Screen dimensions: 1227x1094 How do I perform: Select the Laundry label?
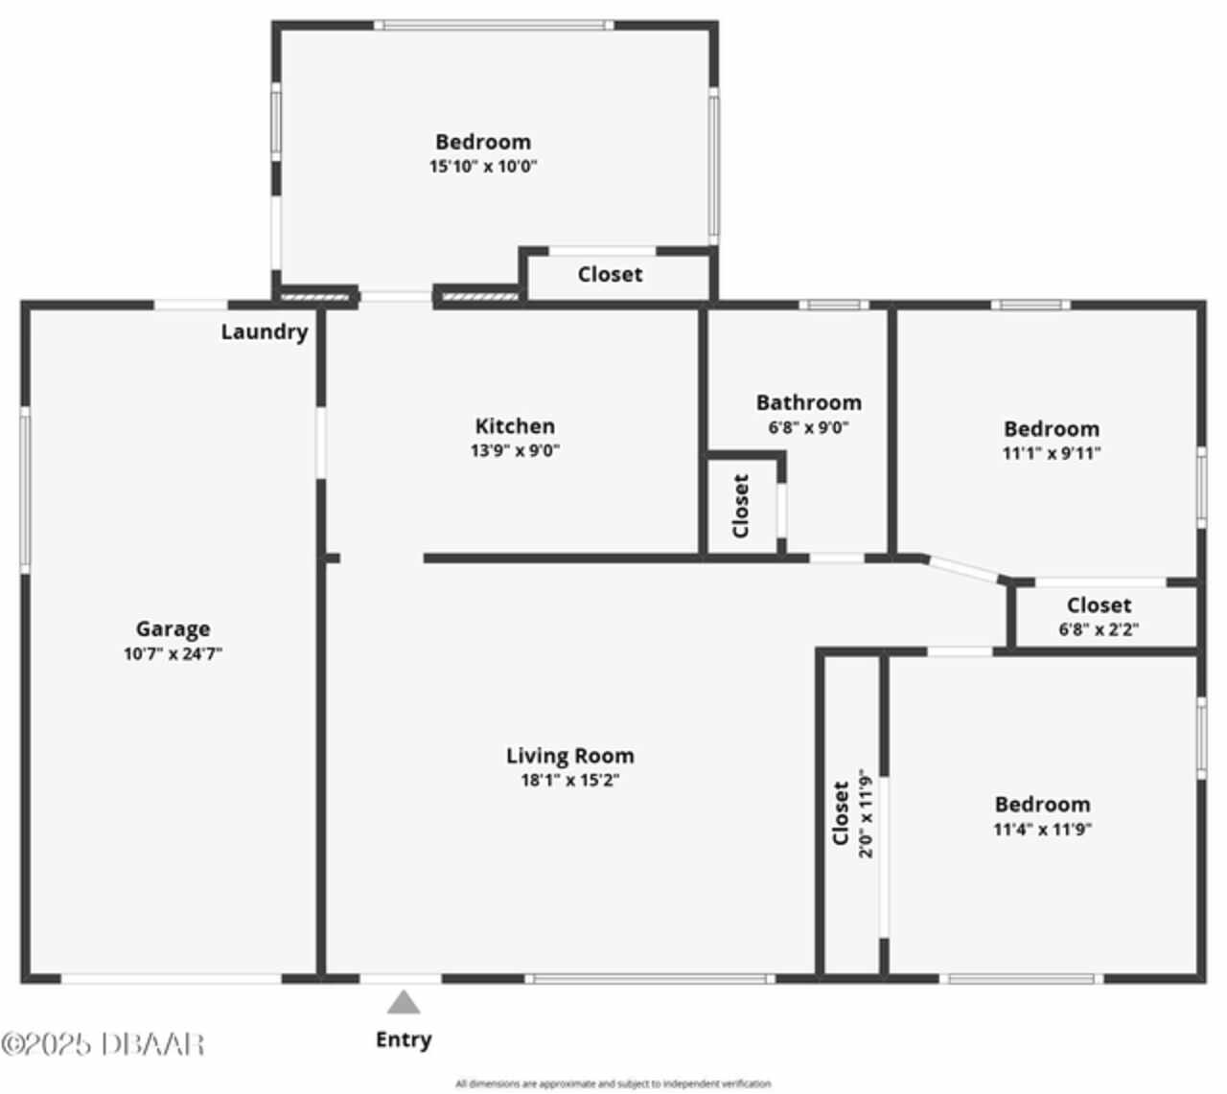[264, 332]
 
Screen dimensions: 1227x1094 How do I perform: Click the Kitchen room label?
[515, 426]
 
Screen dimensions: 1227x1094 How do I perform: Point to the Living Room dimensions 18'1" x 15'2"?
[570, 781]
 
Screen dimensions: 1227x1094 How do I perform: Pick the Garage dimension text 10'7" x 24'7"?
[174, 654]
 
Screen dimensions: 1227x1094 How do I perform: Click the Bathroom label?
[808, 402]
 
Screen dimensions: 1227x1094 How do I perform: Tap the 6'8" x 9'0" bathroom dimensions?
[808, 427]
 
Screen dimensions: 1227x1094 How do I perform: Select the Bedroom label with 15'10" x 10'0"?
[483, 143]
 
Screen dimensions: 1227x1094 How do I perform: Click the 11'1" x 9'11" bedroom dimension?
[1052, 453]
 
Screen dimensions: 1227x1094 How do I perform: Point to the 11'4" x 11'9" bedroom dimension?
[1042, 829]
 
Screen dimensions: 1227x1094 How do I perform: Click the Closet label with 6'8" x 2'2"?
[1099, 605]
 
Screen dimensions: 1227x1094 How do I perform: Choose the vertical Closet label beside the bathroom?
[741, 506]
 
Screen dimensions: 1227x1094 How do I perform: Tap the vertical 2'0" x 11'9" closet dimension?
[866, 813]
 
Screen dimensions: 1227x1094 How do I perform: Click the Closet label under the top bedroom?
[610, 275]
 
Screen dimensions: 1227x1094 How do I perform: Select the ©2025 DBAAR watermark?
[103, 1044]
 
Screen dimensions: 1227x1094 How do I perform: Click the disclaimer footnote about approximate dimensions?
[613, 1083]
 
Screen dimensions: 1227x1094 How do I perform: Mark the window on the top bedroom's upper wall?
[494, 26]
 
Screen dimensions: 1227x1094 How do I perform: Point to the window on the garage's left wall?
[25, 490]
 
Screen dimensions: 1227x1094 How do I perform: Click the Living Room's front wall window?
[650, 979]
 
